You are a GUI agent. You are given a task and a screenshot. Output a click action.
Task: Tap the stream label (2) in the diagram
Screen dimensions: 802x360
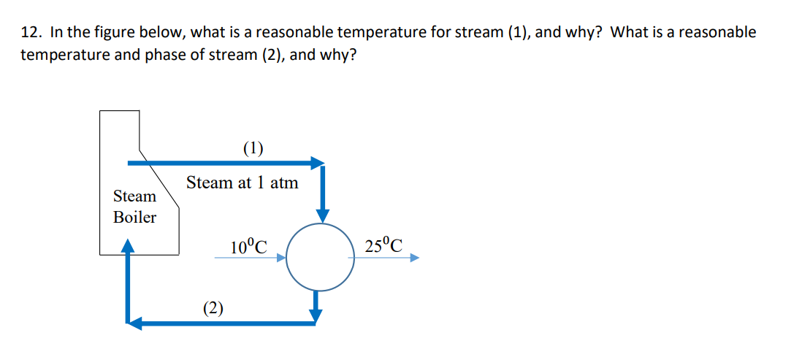(x=213, y=307)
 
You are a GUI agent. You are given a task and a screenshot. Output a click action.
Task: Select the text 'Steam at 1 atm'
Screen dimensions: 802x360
(x=242, y=183)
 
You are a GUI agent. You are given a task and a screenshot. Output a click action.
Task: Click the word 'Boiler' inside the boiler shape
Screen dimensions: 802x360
(x=134, y=218)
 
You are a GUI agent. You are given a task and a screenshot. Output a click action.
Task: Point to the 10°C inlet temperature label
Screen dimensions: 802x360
(x=248, y=247)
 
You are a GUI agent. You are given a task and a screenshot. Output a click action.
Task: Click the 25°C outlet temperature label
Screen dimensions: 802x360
(x=383, y=246)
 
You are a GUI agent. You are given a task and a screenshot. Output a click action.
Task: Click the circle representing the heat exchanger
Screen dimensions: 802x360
(x=319, y=257)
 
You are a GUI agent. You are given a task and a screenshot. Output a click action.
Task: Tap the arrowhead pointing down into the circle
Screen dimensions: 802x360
(x=322, y=215)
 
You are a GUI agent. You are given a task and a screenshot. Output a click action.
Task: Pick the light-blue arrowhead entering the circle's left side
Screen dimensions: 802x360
(x=280, y=257)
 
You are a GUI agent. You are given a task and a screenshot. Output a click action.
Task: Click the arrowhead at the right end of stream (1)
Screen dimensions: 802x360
(x=317, y=162)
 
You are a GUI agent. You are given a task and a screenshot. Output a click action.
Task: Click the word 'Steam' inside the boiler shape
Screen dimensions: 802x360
(x=134, y=196)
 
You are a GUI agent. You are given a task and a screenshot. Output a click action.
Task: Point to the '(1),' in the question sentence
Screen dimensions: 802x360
(x=518, y=33)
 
